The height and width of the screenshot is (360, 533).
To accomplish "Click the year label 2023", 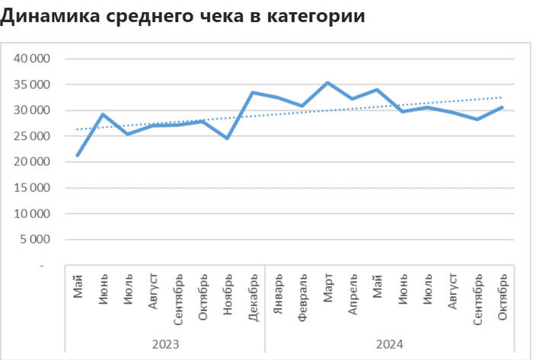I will [165, 344].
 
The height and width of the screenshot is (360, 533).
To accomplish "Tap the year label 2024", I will [389, 344].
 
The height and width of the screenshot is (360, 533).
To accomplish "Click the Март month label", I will [327, 288].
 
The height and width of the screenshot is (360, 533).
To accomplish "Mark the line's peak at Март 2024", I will [327, 83].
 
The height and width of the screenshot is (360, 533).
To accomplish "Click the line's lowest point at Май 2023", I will [78, 155].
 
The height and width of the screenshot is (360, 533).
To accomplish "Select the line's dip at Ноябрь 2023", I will [227, 139].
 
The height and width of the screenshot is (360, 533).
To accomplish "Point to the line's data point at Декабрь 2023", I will [252, 93].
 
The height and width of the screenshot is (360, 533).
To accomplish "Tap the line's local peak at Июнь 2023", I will [103, 115].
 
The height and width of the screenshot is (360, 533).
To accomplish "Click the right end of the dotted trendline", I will [502, 97].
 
